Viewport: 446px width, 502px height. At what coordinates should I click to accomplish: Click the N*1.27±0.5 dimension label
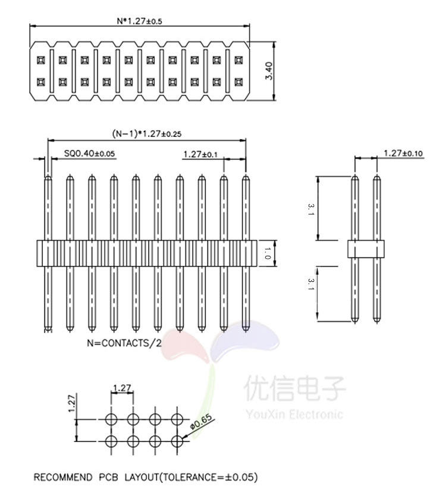point(139,20)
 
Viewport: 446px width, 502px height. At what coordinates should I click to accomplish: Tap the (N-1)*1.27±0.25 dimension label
point(146,134)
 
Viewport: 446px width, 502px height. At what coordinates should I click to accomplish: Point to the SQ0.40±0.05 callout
point(89,153)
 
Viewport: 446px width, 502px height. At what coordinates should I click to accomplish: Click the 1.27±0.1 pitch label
point(200,154)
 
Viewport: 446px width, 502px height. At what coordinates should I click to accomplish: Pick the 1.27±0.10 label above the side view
point(403,153)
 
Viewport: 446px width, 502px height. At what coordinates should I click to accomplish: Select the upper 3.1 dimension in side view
point(310,209)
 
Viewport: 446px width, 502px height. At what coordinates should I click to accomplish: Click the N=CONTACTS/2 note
point(124,343)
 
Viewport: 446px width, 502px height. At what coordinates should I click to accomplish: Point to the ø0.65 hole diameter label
point(201,423)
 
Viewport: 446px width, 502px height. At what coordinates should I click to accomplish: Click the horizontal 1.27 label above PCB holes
point(121,388)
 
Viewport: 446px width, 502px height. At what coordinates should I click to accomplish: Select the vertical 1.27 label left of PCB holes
point(71,404)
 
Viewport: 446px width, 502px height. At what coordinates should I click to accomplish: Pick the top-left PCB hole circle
point(111,419)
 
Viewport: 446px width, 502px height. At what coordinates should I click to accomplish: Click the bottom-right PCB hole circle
point(177,441)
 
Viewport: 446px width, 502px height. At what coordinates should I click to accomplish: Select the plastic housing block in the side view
point(365,249)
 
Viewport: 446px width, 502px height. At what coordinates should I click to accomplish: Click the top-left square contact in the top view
point(40,61)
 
